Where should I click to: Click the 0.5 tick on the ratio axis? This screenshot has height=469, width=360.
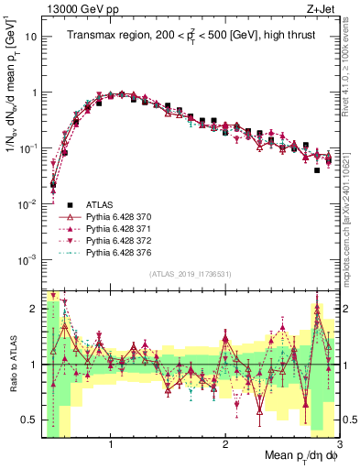pyautogui.click(x=28, y=420)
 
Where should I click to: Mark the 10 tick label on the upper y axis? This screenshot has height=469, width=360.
pyautogui.click(x=30, y=38)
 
